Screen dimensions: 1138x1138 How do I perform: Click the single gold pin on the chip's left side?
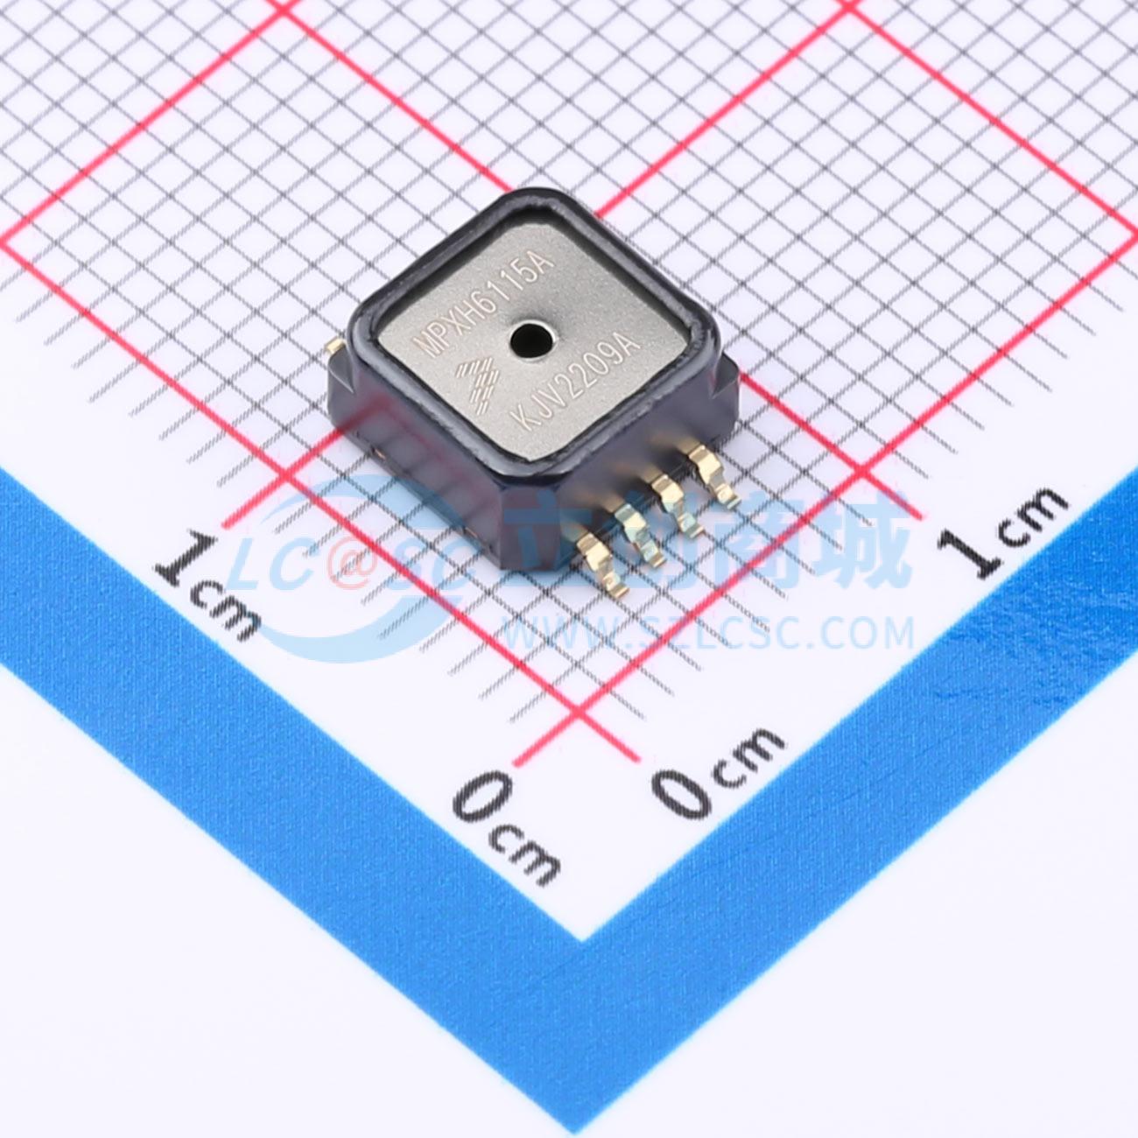click(x=335, y=347)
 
